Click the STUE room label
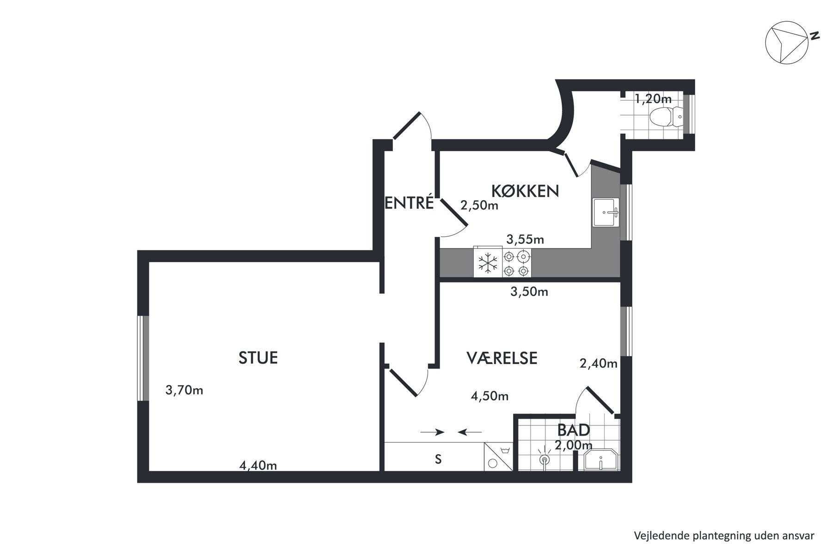[x=258, y=358]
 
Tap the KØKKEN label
[x=525, y=191]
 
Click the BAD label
[x=574, y=430]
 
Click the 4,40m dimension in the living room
[x=258, y=465]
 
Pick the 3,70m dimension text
[x=184, y=390]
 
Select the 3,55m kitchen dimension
[x=525, y=239]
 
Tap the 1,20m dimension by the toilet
[x=653, y=99]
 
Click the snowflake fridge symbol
[x=488, y=263]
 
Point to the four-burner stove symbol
[x=516, y=263]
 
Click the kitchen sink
[x=606, y=212]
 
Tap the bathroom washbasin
[x=600, y=460]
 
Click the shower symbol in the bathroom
[x=545, y=457]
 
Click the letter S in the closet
[x=438, y=459]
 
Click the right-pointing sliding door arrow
[x=432, y=432]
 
